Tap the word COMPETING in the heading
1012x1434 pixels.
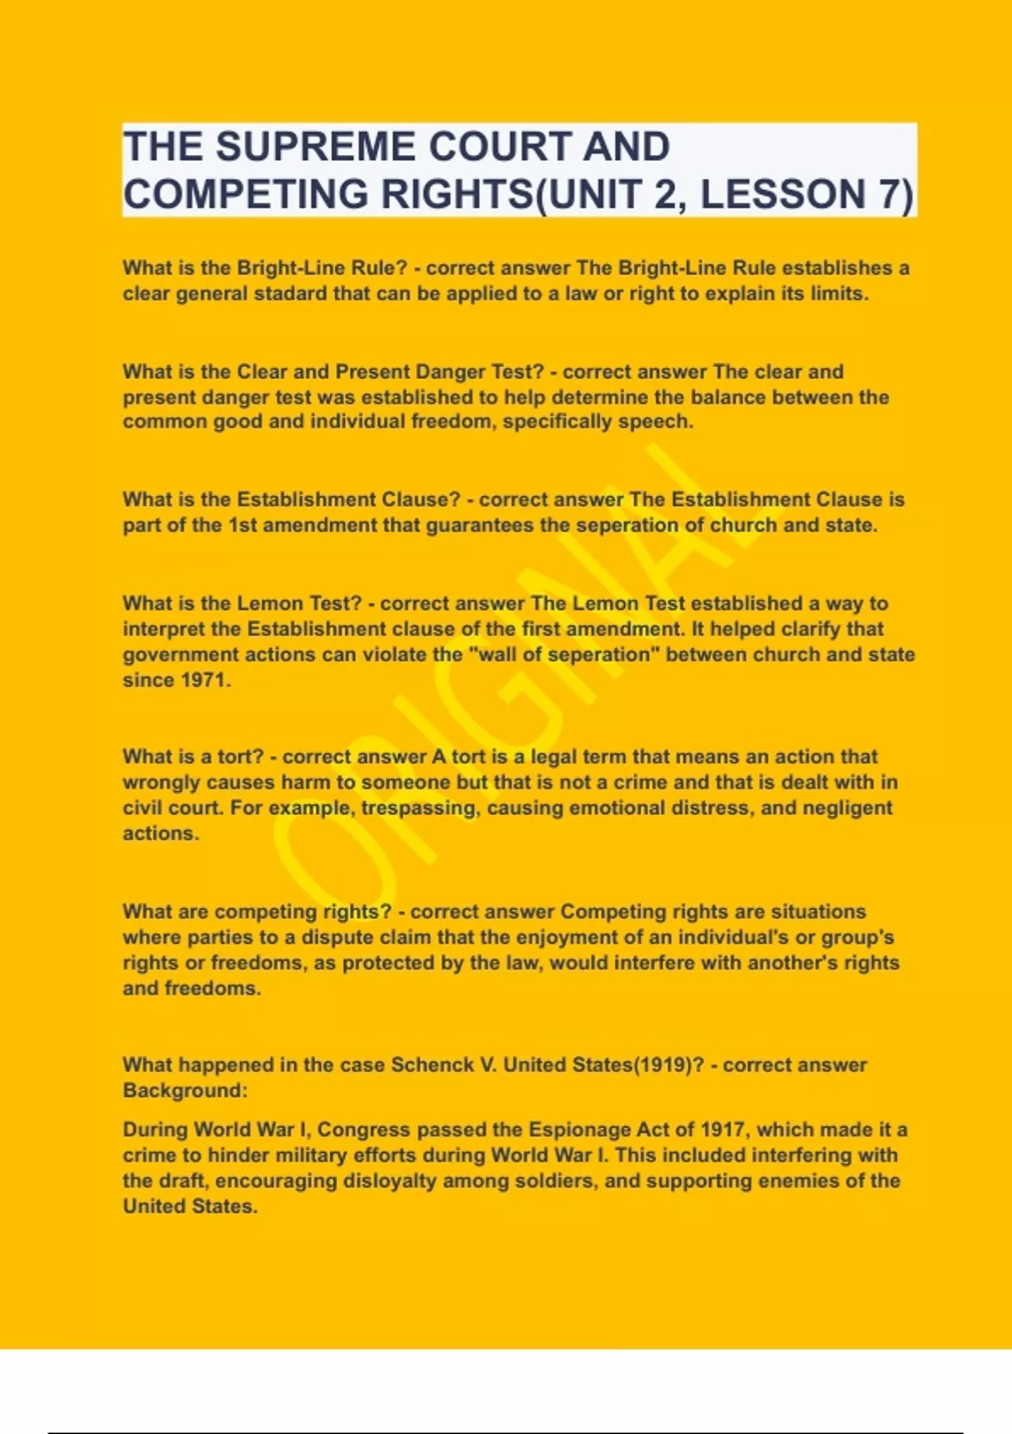pyautogui.click(x=245, y=195)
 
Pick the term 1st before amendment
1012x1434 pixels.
pyautogui.click(x=243, y=526)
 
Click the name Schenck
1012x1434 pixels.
pyautogui.click(x=432, y=1065)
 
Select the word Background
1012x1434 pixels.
pyautogui.click(x=183, y=1091)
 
